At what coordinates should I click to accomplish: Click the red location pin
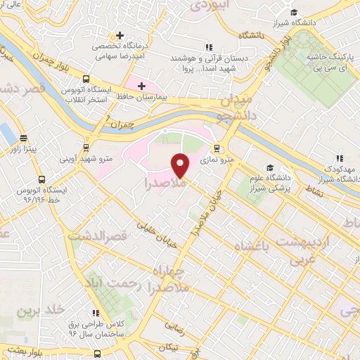[x=181, y=165]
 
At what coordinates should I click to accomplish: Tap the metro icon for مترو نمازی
[x=217, y=148]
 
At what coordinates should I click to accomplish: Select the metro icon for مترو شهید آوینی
[x=86, y=148]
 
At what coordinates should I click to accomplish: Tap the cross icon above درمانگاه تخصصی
[x=120, y=34]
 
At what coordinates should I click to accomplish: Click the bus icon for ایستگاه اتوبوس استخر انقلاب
[x=86, y=79]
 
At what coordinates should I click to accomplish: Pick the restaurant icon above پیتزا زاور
[x=25, y=138]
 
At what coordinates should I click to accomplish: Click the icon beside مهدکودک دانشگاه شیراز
[x=339, y=158]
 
